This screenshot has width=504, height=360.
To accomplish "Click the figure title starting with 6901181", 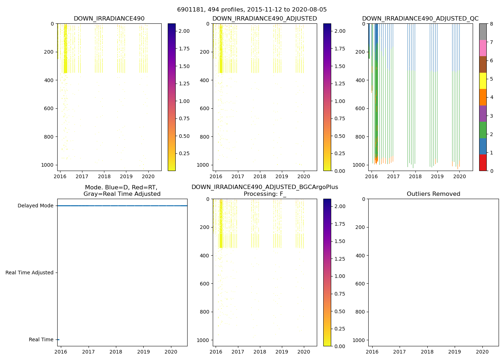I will [x=252, y=10].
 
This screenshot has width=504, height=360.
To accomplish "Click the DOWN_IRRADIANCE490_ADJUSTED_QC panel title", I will [x=420, y=19].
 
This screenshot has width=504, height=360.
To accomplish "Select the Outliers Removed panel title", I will [x=433, y=194].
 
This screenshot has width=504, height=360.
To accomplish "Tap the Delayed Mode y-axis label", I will [x=35, y=206].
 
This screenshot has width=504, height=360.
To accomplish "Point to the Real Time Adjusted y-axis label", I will [x=30, y=273].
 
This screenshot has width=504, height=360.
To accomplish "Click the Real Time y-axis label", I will [x=41, y=340].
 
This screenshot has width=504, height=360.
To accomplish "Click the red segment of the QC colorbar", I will [x=483, y=162].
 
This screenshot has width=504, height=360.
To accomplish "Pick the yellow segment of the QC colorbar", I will [x=483, y=81].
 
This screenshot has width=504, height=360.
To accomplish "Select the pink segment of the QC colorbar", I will [x=483, y=48].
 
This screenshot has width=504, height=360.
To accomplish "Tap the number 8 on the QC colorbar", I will [x=491, y=24].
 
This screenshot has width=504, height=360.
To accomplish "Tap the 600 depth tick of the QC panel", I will [x=361, y=108].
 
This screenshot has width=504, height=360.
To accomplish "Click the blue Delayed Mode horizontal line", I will [x=122, y=206].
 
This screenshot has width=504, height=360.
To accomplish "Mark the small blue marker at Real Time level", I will [x=58, y=339].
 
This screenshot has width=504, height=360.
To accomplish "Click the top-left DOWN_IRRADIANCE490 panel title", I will [x=109, y=19].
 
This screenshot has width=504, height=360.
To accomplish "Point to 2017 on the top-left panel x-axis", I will [x=82, y=176].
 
